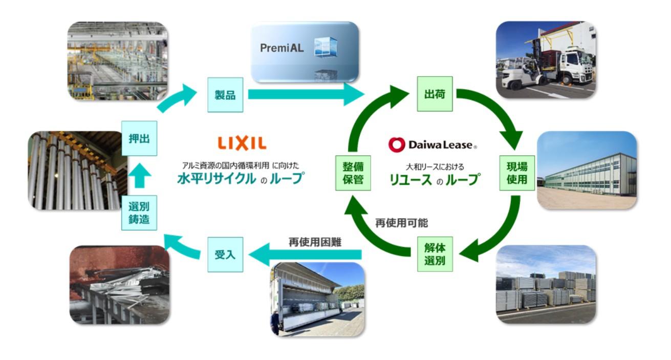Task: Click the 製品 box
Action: (225, 95)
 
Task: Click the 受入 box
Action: (225, 254)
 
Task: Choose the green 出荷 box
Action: (435, 94)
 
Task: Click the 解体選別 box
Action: (435, 254)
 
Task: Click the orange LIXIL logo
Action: (242, 143)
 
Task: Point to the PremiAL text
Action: (282, 49)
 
